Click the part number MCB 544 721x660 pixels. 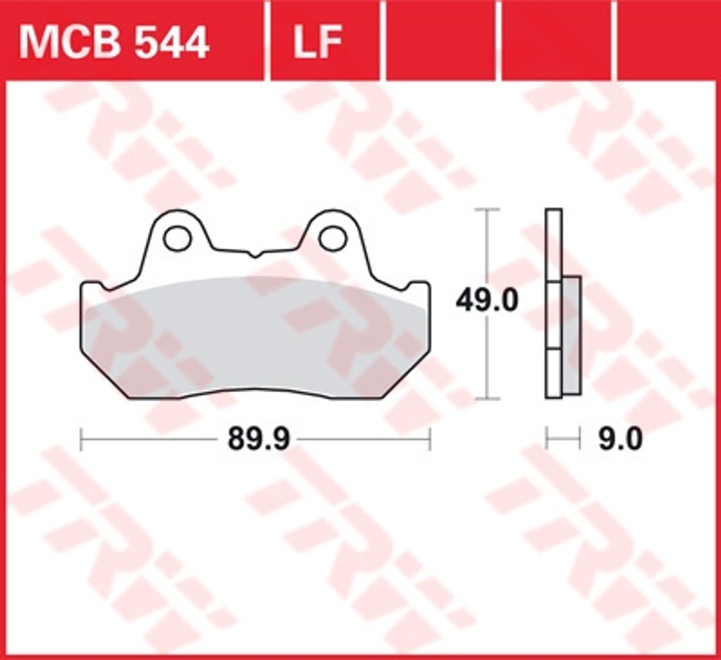[x=114, y=43]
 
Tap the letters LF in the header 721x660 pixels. [x=318, y=42]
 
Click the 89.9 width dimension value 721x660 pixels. [x=259, y=440]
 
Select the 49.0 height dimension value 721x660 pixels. [x=487, y=301]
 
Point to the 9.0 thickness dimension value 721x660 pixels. [x=620, y=440]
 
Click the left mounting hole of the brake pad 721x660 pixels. [x=177, y=239]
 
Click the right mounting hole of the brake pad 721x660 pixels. [x=332, y=239]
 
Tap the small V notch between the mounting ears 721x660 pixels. [x=255, y=254]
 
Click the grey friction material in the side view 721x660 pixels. [x=571, y=335]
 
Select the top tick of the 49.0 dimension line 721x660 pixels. [x=487, y=209]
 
